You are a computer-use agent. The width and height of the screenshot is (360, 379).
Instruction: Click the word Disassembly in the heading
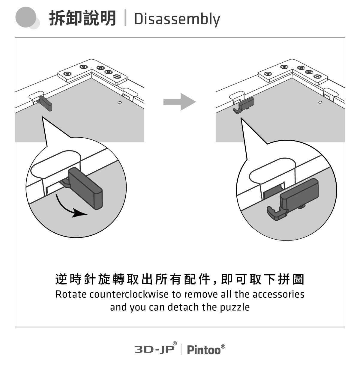coord(177,19)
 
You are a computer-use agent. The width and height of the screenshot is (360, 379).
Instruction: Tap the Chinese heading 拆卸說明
coord(83,18)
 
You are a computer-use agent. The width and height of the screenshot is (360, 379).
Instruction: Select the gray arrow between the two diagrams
coord(179,102)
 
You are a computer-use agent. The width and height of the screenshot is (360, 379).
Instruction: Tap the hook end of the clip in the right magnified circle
coord(273,213)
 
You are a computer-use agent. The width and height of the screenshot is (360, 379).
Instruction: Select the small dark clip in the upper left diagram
coord(46,103)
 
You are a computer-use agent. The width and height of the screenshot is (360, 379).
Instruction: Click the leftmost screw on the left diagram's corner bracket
coord(67,74)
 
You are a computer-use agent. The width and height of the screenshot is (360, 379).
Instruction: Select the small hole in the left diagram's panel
coord(119,103)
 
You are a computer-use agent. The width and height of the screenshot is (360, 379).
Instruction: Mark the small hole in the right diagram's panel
coord(320,103)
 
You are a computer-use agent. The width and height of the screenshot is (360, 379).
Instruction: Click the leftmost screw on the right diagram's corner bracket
coord(268,74)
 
